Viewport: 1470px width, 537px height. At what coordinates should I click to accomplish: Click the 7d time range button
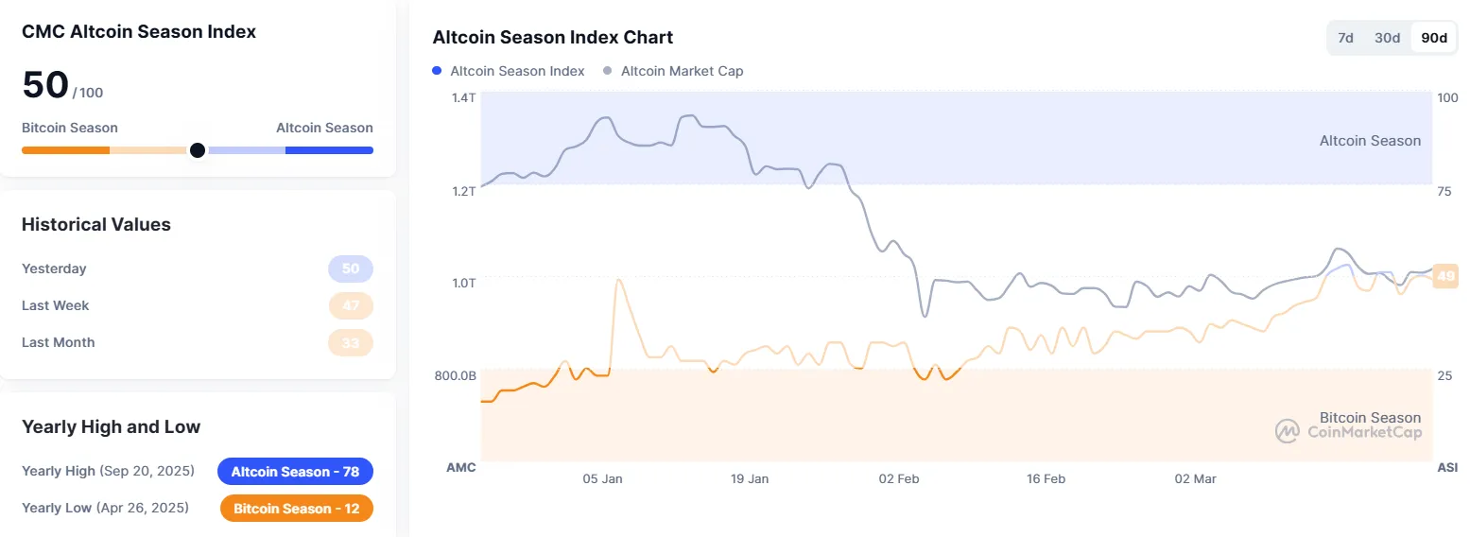coord(1345,38)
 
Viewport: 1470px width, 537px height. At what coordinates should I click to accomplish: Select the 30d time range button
coord(1387,38)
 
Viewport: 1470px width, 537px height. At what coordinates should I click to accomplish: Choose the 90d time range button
coord(1434,38)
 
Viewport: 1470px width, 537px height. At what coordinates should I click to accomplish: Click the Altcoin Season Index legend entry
coord(509,71)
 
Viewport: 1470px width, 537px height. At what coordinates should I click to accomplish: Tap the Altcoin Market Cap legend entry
coord(673,71)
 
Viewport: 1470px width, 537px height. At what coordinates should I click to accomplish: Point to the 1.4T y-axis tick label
coord(464,98)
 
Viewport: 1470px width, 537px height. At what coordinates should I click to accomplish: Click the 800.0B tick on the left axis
coord(456,375)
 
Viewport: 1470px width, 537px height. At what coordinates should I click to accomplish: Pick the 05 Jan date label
coord(602,479)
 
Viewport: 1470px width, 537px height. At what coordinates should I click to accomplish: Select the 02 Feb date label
coord(899,479)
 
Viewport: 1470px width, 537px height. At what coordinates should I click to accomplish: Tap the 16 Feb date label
coord(1046,479)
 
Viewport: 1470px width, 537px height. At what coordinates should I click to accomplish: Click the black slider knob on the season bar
coord(197,150)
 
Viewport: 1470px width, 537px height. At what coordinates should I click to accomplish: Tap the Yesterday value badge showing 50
coord(351,269)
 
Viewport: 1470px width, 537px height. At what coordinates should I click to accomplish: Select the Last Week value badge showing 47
coord(351,306)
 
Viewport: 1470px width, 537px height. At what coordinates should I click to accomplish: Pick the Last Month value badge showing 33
coord(351,343)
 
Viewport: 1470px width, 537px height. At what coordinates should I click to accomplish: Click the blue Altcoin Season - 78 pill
coord(295,471)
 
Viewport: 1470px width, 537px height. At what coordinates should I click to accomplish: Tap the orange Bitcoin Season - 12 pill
coord(297,509)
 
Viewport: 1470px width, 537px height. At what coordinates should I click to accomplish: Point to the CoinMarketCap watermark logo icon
coord(1288,432)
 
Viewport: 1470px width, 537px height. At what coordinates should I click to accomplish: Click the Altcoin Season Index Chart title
coord(553,38)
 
